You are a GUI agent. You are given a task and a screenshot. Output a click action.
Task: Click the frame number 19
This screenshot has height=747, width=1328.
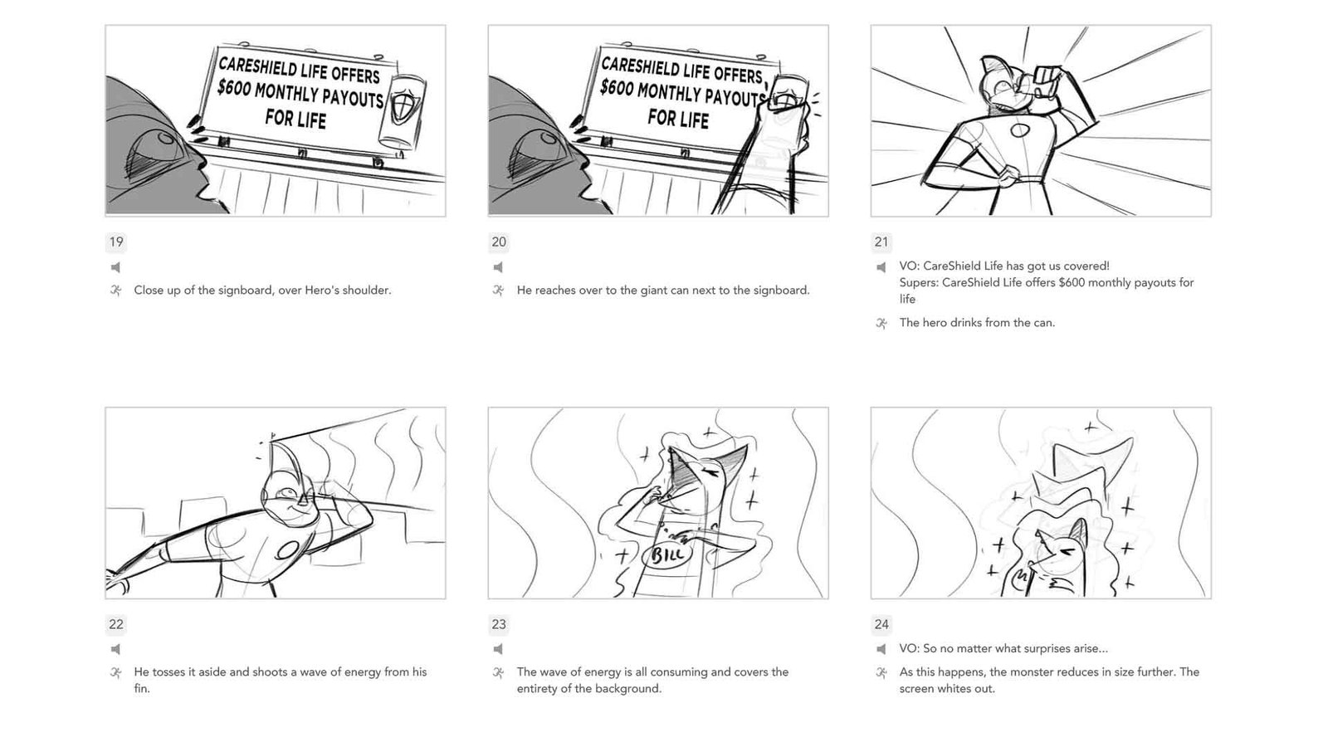[116, 242]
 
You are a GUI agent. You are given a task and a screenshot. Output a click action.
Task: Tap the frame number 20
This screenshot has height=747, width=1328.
[499, 242]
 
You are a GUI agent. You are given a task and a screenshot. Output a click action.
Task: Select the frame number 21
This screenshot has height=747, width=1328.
[881, 242]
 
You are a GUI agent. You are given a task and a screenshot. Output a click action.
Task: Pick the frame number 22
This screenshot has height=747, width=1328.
[116, 624]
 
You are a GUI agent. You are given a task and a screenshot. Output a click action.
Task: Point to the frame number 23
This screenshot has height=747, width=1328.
[499, 624]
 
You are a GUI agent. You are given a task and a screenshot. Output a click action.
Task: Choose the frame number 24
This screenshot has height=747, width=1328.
[881, 624]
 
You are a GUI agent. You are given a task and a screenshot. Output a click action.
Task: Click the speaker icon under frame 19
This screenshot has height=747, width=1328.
[115, 267]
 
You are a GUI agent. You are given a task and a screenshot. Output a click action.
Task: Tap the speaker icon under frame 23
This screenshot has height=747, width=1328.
[499, 649]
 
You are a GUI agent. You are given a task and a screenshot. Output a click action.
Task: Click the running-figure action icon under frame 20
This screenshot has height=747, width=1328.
[499, 290]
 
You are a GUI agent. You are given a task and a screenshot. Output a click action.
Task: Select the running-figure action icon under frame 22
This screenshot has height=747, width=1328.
[115, 672]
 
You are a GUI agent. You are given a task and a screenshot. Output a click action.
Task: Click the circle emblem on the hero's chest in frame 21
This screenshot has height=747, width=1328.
[1020, 130]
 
